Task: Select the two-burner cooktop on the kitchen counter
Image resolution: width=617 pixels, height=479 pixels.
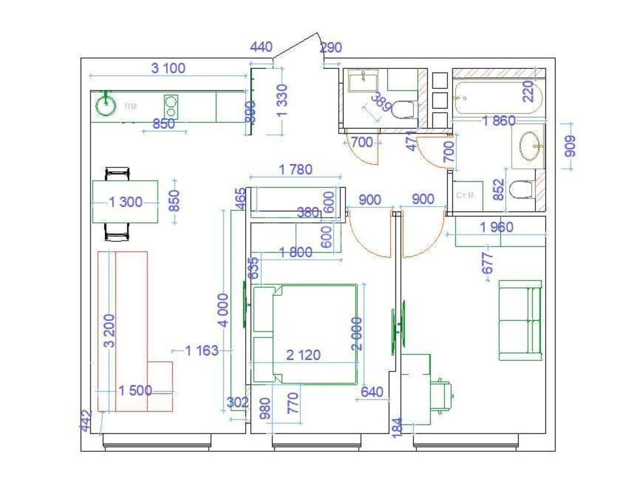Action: coord(171,107)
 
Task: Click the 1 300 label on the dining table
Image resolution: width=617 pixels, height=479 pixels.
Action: coord(125,202)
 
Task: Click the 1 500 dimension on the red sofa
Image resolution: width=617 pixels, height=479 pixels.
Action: coord(135,391)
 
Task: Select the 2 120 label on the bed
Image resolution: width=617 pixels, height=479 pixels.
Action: coord(303,354)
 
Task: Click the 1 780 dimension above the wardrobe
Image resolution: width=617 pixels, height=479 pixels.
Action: coord(295,169)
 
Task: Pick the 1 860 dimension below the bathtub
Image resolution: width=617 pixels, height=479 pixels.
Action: coord(498,121)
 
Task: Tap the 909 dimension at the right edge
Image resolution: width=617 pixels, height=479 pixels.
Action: coord(571,147)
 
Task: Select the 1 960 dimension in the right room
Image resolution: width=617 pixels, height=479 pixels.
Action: coord(497,227)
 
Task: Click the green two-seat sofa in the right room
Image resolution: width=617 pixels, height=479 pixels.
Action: coord(520,320)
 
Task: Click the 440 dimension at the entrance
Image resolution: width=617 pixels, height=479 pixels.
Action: coord(261,47)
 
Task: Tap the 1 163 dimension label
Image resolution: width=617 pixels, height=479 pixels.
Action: coord(202,350)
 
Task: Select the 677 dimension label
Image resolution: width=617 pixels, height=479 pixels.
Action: coord(488,262)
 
